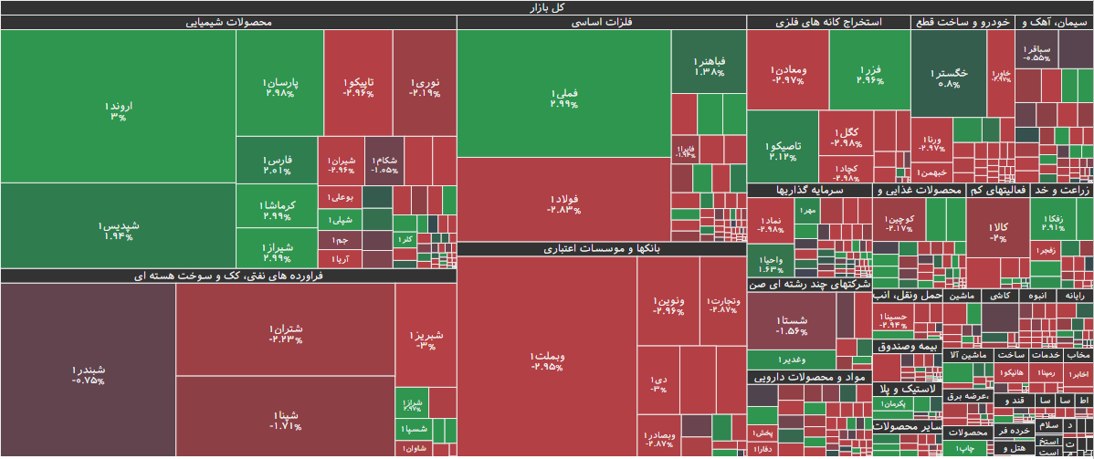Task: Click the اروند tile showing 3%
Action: [x=117, y=110]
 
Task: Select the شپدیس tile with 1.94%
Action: [x=117, y=230]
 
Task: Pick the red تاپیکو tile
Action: [x=357, y=87]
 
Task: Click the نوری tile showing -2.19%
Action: [x=425, y=87]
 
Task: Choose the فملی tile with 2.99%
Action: [x=563, y=98]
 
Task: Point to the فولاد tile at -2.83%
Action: [x=563, y=203]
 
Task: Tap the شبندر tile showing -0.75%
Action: [x=88, y=374]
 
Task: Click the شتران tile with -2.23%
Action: [x=286, y=333]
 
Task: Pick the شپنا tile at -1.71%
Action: [x=286, y=420]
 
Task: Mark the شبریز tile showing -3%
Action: [x=426, y=339]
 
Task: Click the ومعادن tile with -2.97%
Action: [x=787, y=73]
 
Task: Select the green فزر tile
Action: [x=869, y=73]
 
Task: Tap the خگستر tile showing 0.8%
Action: [x=949, y=77]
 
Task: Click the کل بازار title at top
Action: [x=547, y=7]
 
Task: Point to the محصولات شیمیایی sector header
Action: [x=228, y=23]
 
